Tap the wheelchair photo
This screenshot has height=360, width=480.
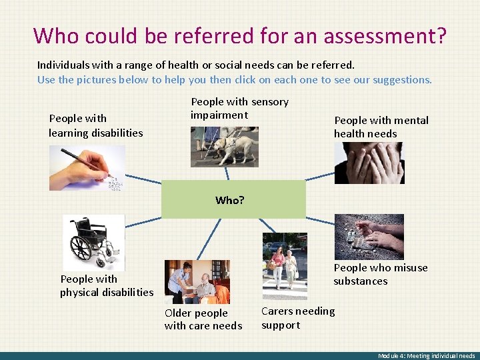pos(93,242)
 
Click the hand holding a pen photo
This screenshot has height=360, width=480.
pos(87,168)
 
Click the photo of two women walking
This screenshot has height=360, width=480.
pos(285,265)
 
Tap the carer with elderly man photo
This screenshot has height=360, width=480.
pos(197,282)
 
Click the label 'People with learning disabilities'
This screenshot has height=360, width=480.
pos(95,126)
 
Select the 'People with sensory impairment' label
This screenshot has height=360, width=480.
pos(239,109)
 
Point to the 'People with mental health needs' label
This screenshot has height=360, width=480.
pos(381,127)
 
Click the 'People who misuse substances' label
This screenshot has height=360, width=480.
pos(380,274)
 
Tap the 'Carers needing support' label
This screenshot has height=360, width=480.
pos(298,318)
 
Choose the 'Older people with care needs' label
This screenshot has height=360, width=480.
pos(203,319)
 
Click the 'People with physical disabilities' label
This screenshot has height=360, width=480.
pos(107,285)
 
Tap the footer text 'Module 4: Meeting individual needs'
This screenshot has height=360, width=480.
pos(427,356)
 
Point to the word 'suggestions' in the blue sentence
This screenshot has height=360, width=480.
pos(401,80)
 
